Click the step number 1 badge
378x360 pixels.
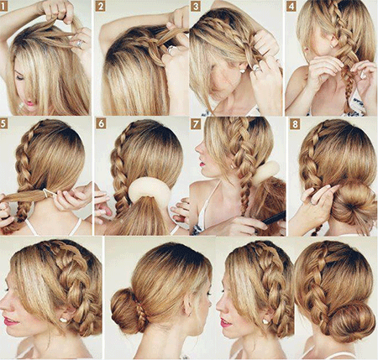[x=3, y=7]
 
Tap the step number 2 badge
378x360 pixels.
[x=100, y=7]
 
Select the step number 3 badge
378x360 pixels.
[x=196, y=7]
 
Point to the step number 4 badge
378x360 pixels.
[x=291, y=7]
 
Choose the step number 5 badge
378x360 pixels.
[x=3, y=123]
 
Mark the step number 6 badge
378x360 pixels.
[x=101, y=123]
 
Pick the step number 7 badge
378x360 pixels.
[x=196, y=123]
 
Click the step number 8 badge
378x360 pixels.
[x=295, y=123]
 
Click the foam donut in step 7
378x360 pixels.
[x=265, y=172]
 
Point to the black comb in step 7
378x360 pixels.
[x=275, y=218]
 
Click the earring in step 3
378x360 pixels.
[x=242, y=71]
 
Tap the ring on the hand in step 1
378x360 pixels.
[x=80, y=44]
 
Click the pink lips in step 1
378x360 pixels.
[x=30, y=104]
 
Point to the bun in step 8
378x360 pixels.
[x=354, y=205]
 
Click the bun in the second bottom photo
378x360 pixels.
[x=125, y=311]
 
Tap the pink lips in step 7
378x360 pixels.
[x=202, y=164]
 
